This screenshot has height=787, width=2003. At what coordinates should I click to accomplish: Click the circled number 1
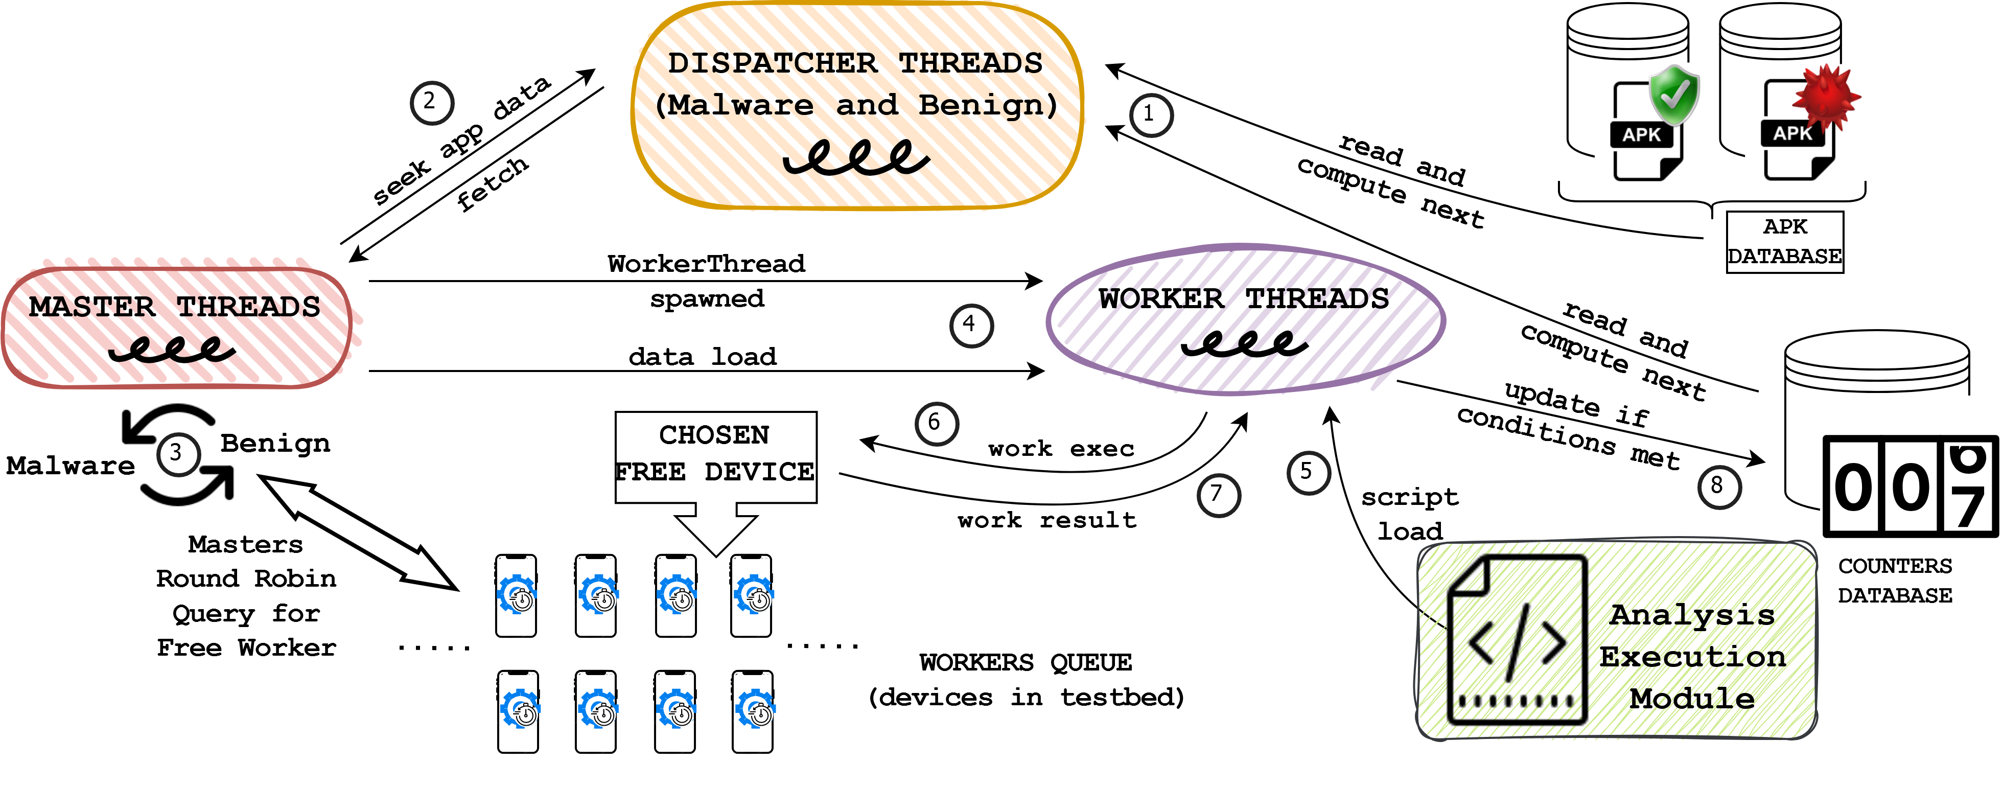coord(1150,115)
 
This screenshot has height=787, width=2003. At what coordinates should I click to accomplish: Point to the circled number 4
coord(971,325)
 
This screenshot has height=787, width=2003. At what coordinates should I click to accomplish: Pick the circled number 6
coord(936,424)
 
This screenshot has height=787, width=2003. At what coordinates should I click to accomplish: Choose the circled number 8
coord(1718,487)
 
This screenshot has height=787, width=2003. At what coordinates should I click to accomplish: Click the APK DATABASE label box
coord(1784,242)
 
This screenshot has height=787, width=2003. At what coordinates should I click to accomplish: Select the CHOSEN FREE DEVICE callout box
coord(715,457)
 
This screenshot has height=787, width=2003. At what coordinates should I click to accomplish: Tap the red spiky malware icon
coord(1826,97)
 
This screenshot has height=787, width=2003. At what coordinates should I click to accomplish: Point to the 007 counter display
coord(1909,486)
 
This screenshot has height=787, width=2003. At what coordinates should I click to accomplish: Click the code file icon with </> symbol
coord(1516,639)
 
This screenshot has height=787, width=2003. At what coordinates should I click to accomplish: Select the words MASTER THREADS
coord(175,307)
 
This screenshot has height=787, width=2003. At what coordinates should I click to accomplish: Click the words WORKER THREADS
coord(1243,298)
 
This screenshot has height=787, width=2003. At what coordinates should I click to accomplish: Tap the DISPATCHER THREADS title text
coord(855,63)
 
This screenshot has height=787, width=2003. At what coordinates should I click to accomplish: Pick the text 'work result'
coord(1046,520)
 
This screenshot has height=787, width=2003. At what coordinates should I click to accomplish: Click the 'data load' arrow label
coord(702,356)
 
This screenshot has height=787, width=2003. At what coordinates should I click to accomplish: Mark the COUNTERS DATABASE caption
coord(1895,580)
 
